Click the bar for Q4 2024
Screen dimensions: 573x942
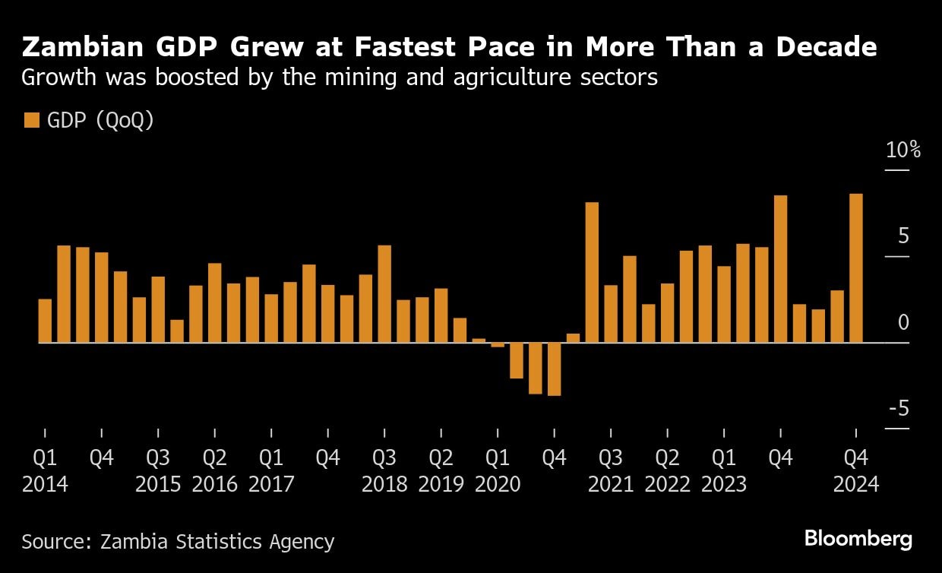point(856,268)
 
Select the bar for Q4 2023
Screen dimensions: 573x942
point(780,269)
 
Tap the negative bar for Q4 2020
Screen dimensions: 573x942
point(554,369)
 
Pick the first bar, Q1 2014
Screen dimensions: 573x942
point(45,321)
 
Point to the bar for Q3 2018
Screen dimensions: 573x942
point(384,294)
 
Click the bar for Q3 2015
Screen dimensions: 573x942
point(158,309)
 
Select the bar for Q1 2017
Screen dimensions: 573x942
point(271,318)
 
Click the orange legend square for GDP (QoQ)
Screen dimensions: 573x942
point(31,121)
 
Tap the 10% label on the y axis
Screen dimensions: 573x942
point(903,150)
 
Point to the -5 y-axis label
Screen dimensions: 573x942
point(899,410)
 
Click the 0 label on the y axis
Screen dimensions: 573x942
point(903,323)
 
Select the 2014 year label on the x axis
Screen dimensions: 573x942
point(45,484)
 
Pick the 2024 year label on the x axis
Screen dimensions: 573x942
point(856,484)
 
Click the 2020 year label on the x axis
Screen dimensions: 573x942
point(498,484)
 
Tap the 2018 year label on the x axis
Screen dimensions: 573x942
point(384,484)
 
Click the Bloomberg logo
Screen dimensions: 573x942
point(858,540)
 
